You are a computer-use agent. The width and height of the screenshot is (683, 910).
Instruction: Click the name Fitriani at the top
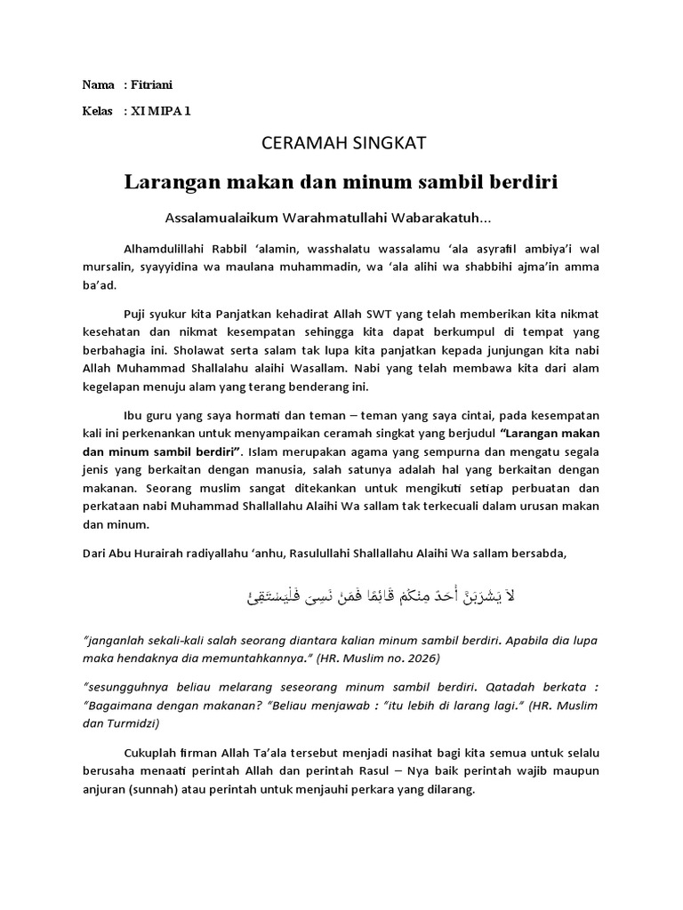tap(153, 84)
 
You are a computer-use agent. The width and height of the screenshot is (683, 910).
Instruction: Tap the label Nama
tap(98, 84)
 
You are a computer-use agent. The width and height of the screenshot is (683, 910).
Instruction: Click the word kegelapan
tap(114, 387)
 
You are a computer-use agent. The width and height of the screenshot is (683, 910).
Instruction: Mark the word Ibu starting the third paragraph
tap(130, 415)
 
